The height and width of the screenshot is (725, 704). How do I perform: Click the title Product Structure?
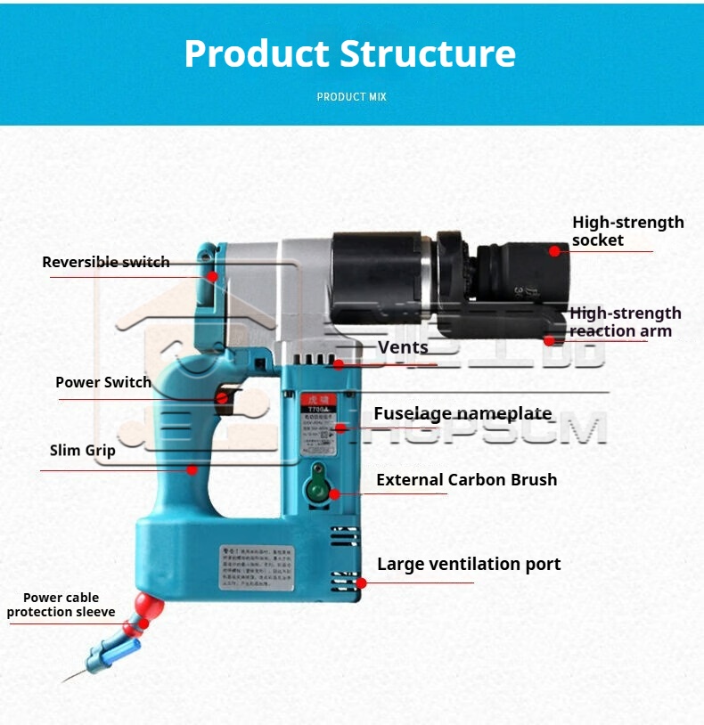(350, 53)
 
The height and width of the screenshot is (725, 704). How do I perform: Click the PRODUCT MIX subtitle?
(352, 96)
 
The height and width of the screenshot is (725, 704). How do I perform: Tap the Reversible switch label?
(105, 262)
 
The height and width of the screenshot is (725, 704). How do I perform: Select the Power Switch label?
(103, 382)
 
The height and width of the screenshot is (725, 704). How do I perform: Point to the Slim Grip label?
(83, 450)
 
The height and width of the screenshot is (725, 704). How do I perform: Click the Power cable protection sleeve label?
(61, 605)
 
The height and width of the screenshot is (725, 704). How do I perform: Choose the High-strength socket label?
(627, 231)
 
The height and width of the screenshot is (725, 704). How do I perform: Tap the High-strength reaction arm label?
(625, 322)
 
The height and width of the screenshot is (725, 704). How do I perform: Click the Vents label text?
(403, 347)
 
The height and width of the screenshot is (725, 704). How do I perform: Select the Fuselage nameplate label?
(463, 413)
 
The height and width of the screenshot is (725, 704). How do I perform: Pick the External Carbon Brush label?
(466, 479)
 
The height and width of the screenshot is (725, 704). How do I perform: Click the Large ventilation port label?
(469, 564)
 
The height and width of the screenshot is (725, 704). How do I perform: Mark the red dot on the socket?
(554, 251)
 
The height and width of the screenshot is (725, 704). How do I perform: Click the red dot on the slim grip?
(192, 469)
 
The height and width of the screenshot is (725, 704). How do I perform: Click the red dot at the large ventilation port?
(361, 583)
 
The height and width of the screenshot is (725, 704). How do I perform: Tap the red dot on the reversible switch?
(212, 276)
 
